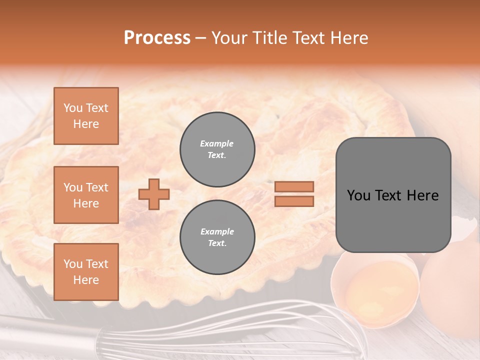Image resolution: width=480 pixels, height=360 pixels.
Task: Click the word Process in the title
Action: click(x=157, y=37)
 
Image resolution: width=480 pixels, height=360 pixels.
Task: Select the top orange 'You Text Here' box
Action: click(x=86, y=116)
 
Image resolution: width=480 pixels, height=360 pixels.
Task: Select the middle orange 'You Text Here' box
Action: click(x=86, y=195)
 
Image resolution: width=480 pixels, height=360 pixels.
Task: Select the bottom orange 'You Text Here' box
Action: click(x=86, y=272)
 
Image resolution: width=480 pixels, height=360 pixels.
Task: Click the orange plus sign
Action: click(x=154, y=194)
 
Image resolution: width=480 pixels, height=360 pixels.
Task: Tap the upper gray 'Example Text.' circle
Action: click(x=217, y=149)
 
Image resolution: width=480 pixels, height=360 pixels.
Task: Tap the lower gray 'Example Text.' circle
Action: click(x=217, y=237)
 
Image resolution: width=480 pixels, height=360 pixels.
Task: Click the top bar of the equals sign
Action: click(x=294, y=187)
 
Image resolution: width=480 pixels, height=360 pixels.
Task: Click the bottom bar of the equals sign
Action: click(x=294, y=201)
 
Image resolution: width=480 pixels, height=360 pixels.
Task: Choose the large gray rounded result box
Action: click(x=393, y=195)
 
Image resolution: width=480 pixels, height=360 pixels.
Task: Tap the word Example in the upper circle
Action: click(x=217, y=143)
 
